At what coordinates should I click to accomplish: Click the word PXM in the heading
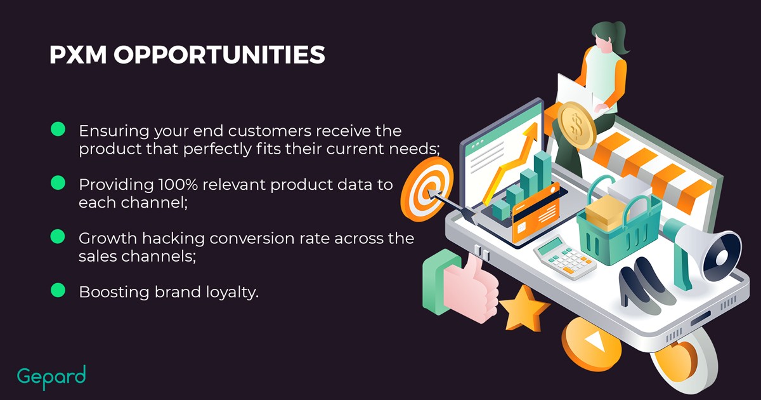(x=78, y=55)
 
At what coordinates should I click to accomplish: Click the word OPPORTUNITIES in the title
(x=219, y=55)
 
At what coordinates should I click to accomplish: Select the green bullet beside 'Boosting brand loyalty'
(x=58, y=290)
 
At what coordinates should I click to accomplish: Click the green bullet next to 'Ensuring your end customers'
(x=58, y=130)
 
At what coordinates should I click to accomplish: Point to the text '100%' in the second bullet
(x=178, y=185)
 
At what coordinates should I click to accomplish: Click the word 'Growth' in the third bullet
(x=108, y=238)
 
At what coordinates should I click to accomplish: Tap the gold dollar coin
(x=576, y=125)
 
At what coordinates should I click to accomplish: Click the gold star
(x=524, y=309)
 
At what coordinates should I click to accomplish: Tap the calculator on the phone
(x=564, y=257)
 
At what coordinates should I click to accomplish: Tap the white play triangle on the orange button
(x=595, y=341)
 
